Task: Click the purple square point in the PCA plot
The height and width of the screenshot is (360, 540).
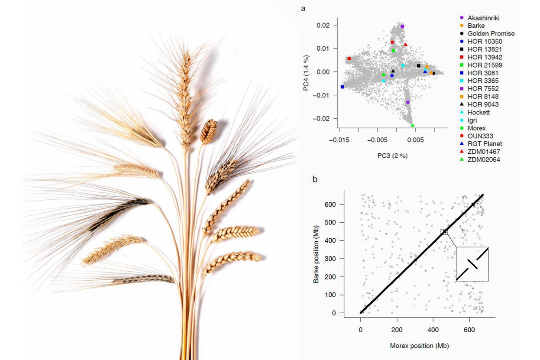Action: pos(402,27)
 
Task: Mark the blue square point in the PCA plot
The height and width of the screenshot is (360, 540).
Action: pos(343,87)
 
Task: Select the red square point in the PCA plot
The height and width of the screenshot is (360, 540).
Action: pos(349,58)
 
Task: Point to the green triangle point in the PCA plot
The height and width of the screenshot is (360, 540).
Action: pos(412,125)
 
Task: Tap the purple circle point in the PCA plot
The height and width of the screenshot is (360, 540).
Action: pos(407,102)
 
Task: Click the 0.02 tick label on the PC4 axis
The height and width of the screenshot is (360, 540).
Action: pos(323,25)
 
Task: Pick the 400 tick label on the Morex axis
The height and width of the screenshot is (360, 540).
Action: pos(433,330)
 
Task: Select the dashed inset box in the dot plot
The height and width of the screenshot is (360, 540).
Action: pos(472,264)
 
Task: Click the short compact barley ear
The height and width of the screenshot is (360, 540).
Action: pos(209,131)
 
